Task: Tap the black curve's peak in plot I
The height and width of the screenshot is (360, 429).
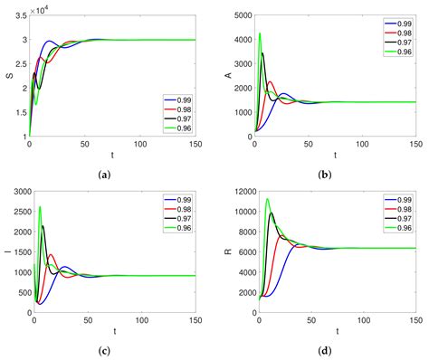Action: click(43, 226)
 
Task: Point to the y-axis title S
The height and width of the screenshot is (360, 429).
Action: click(9, 74)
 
